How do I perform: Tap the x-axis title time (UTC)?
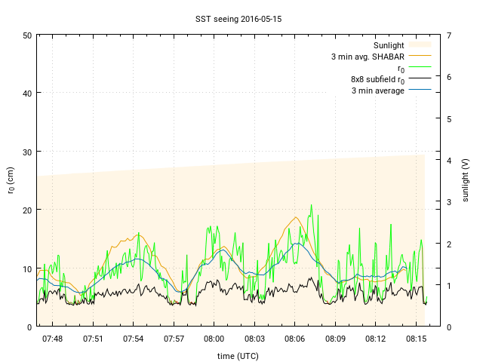click(239, 355)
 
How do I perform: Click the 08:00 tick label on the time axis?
click(214, 339)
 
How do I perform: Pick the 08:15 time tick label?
click(417, 339)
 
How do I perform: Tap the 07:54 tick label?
click(134, 339)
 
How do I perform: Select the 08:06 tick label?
click(295, 339)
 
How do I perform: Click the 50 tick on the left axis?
click(26, 35)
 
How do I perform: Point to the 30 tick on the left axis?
click(26, 152)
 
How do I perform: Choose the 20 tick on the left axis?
click(26, 210)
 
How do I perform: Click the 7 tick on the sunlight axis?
click(449, 35)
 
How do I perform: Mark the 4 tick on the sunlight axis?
click(449, 161)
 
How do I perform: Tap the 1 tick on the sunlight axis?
click(449, 285)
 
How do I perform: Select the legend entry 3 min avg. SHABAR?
click(368, 57)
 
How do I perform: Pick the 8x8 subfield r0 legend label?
click(377, 79)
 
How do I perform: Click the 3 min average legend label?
click(378, 90)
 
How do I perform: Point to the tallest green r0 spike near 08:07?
click(311, 205)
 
